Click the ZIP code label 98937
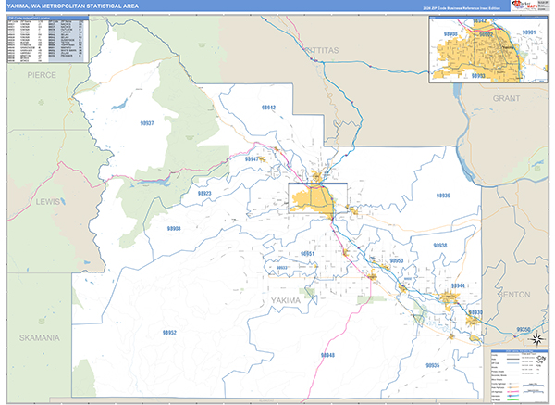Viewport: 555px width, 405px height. point(147,122)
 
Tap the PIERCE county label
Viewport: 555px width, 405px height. point(42,73)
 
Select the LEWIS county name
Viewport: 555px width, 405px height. point(45,200)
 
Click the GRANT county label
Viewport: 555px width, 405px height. point(508,97)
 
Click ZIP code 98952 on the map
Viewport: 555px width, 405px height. point(168,332)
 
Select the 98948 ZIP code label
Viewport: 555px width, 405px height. point(328,355)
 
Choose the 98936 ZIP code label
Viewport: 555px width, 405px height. point(442,196)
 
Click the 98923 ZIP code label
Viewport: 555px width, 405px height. point(204,193)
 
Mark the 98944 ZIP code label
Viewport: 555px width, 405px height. point(458,285)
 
